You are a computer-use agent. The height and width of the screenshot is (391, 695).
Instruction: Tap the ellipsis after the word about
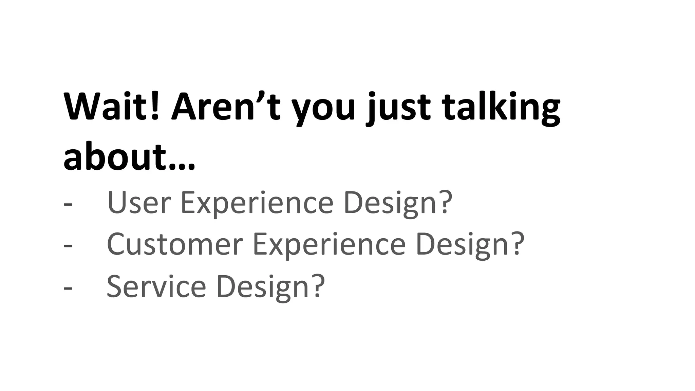[182, 167]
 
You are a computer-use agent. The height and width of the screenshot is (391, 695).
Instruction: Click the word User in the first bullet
[139, 203]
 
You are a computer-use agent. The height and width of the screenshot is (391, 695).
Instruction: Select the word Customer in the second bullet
[175, 244]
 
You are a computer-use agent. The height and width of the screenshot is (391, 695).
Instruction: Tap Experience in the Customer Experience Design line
[329, 245]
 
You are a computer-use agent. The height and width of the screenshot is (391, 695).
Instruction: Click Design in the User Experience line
[390, 203]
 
